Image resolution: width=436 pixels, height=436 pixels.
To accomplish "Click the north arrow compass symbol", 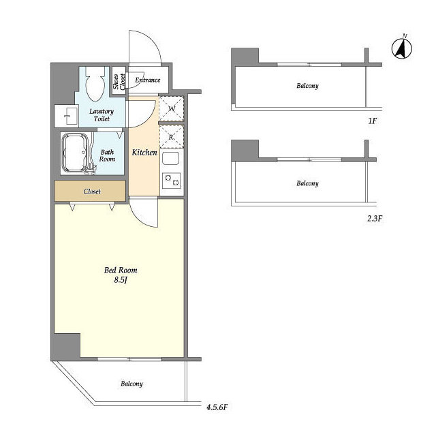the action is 402,48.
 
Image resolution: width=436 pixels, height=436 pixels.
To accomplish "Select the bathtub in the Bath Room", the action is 76,153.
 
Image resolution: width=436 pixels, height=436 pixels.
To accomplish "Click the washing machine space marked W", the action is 171,108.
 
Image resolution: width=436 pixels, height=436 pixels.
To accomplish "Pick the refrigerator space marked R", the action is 171,136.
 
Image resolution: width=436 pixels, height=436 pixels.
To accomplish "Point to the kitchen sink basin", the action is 170,158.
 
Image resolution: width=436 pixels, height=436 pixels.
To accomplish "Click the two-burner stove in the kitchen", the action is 171,180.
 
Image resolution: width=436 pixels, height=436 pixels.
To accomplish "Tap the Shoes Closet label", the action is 119,82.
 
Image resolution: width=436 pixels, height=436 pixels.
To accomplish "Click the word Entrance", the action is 148,80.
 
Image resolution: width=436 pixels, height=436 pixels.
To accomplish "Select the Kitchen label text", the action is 144,153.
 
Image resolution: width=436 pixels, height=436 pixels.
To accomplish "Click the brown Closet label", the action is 92,191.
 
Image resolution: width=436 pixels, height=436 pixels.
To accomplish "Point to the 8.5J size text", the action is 121,280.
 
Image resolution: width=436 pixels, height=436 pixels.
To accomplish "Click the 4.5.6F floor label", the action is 217,407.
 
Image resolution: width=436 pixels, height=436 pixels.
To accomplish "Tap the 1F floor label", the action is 373,121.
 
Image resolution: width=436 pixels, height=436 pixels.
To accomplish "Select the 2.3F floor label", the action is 375,219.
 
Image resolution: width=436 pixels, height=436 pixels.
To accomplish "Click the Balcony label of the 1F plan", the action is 307,86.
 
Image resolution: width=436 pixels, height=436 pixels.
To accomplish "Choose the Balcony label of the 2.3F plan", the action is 307,183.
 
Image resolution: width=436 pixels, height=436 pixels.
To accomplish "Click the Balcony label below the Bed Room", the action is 131,384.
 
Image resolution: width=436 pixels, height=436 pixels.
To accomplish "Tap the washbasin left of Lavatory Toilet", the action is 67,116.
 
